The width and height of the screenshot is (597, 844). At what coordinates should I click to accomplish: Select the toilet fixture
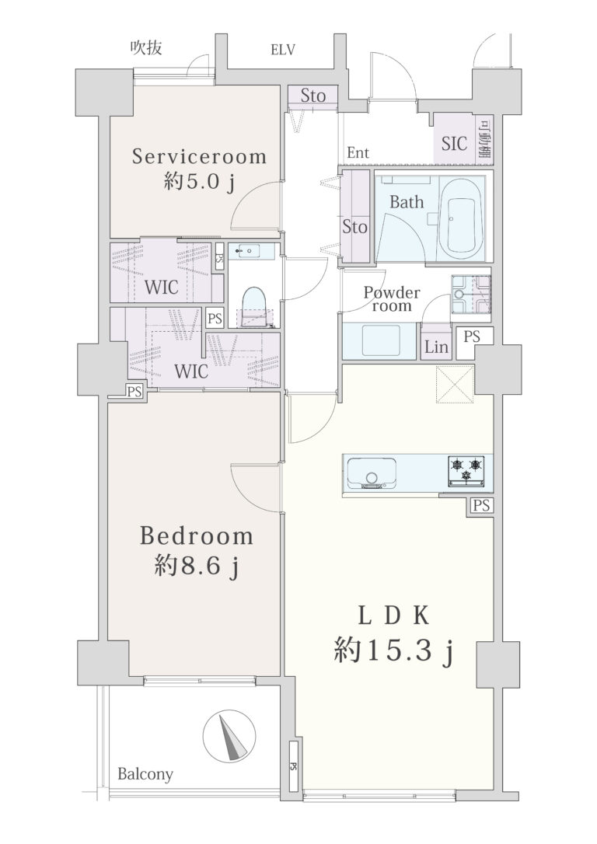click(253, 307)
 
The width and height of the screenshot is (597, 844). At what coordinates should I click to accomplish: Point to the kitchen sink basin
click(372, 473)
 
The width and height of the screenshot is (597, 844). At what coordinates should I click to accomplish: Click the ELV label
click(283, 50)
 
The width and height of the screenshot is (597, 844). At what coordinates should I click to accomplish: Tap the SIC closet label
click(454, 143)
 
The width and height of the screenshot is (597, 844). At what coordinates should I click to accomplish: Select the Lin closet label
click(437, 347)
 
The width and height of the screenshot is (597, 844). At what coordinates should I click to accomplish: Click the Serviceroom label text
click(199, 157)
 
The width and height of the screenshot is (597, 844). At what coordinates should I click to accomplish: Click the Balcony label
click(145, 774)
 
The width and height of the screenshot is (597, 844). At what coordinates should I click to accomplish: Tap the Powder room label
click(391, 298)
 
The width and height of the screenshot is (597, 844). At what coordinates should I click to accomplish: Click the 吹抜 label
click(146, 48)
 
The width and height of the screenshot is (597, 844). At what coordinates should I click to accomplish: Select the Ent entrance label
click(358, 153)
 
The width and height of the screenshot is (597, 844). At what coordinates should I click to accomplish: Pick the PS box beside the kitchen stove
click(482, 505)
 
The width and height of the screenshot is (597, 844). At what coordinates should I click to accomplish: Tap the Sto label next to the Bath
click(354, 227)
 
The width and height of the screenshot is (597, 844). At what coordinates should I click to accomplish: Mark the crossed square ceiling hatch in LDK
click(455, 385)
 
